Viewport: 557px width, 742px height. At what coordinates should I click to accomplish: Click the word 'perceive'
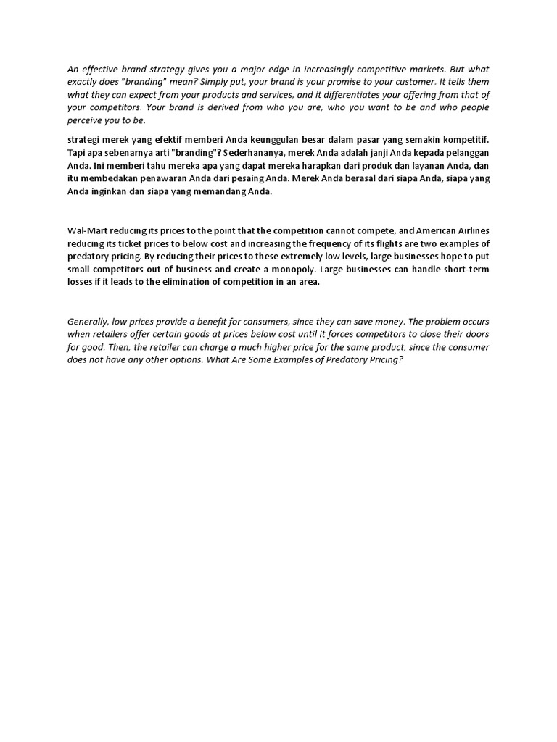tap(86, 120)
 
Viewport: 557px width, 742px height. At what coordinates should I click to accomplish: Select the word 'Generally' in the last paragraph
tap(90, 322)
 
